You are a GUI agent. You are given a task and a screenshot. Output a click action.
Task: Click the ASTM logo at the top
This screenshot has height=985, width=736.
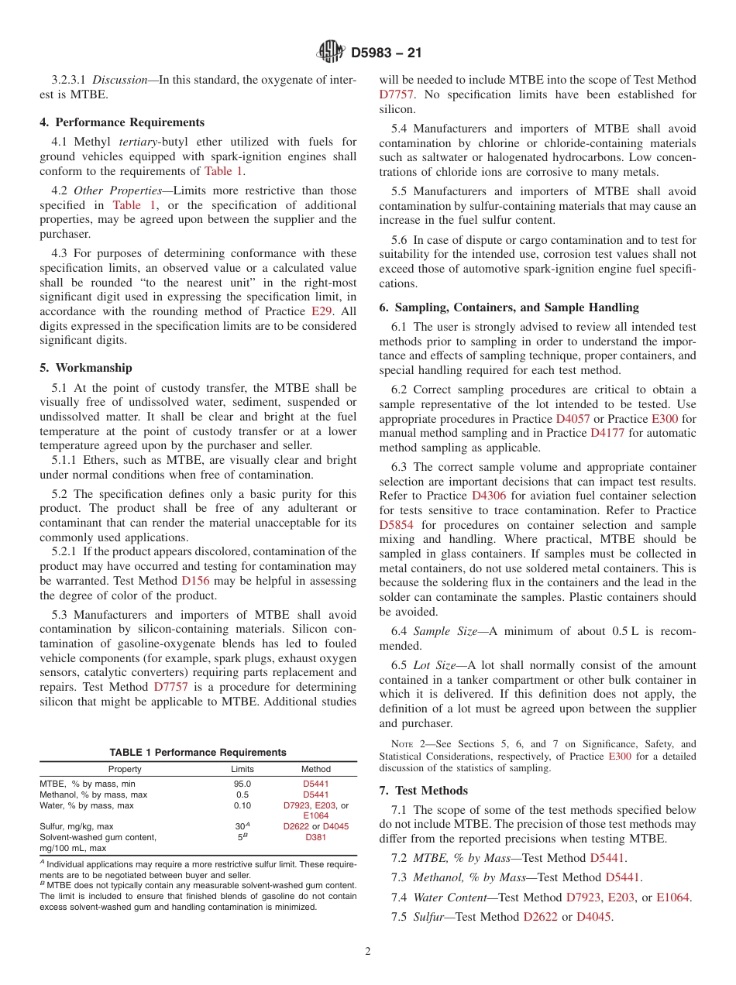[332, 53]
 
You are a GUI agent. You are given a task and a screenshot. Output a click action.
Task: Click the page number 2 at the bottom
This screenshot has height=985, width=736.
[368, 951]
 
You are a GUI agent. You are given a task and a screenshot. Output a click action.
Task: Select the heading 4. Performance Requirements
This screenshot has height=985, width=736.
[122, 122]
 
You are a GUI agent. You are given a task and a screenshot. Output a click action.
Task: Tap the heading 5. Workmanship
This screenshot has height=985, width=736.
[86, 368]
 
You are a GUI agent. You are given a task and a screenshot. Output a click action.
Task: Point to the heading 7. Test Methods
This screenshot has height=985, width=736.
[424, 791]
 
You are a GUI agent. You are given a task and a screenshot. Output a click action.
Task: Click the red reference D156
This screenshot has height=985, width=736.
[195, 580]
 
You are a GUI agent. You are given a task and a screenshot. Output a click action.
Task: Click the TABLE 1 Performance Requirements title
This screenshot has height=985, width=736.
[198, 752]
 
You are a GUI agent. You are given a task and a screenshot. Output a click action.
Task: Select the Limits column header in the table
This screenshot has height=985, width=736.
[242, 769]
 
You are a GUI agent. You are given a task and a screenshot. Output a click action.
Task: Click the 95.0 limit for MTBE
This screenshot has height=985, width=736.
[242, 784]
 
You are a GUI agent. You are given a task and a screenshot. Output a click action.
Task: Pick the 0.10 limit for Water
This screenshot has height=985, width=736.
[242, 805]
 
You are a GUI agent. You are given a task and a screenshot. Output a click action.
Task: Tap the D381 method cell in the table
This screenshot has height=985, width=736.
[315, 837]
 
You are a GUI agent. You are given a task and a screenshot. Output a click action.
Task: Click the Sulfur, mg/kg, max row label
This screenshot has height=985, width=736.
[77, 826]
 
